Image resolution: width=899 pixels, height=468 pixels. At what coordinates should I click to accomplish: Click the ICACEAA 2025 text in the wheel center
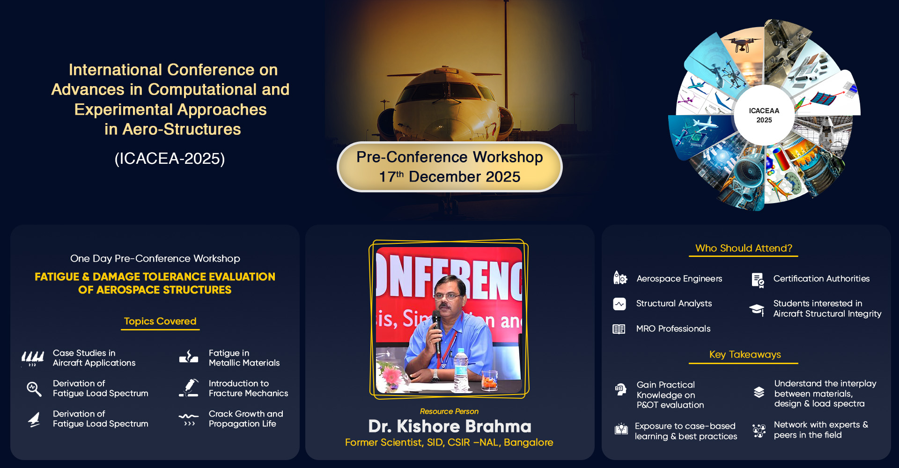[764, 115]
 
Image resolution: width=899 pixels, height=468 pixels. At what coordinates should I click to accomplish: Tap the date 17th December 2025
[449, 177]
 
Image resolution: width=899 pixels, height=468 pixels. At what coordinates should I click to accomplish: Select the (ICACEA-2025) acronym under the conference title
[169, 159]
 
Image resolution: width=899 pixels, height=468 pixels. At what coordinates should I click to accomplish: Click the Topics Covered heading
[160, 321]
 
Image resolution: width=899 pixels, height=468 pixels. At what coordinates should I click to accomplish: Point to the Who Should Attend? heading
[744, 248]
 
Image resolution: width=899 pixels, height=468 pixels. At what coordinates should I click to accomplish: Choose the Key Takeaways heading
[745, 354]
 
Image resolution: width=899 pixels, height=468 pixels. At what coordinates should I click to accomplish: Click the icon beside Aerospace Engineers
[620, 278]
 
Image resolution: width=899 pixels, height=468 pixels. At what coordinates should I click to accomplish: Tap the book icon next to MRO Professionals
[619, 329]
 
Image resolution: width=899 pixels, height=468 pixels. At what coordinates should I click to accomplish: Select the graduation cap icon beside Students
[757, 309]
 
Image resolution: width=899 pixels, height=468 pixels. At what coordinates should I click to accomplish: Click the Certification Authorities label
[821, 278]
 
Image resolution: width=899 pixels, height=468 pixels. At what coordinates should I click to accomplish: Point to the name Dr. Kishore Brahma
[449, 426]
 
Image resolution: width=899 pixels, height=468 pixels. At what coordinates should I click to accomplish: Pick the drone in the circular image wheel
[743, 44]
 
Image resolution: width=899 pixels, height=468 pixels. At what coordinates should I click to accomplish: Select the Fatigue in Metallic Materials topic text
[244, 358]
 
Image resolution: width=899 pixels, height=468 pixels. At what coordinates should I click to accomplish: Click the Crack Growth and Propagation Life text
[246, 419]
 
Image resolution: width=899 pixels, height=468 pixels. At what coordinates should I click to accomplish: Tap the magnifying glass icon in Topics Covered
[34, 388]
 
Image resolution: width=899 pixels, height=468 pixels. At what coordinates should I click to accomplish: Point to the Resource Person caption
[449, 411]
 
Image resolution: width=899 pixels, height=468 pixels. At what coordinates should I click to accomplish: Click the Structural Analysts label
[674, 303]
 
